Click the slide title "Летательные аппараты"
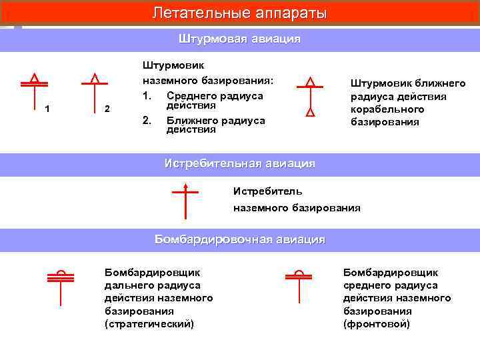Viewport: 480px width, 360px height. [240, 13]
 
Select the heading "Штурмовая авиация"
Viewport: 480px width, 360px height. [240, 39]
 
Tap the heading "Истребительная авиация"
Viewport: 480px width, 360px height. [240, 163]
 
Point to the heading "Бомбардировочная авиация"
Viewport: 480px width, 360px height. [240, 239]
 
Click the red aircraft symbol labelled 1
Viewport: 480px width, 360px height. [33, 90]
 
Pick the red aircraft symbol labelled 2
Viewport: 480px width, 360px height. [94, 90]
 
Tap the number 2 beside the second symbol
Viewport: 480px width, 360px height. [108, 109]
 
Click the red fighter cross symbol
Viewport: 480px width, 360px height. [185, 200]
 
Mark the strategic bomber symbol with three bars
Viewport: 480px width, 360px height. [61, 287]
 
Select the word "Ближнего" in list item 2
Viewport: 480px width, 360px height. [189, 120]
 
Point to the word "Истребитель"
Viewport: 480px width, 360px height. [267, 191]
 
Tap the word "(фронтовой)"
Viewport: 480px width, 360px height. [377, 324]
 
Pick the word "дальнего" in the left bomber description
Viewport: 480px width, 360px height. [127, 285]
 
